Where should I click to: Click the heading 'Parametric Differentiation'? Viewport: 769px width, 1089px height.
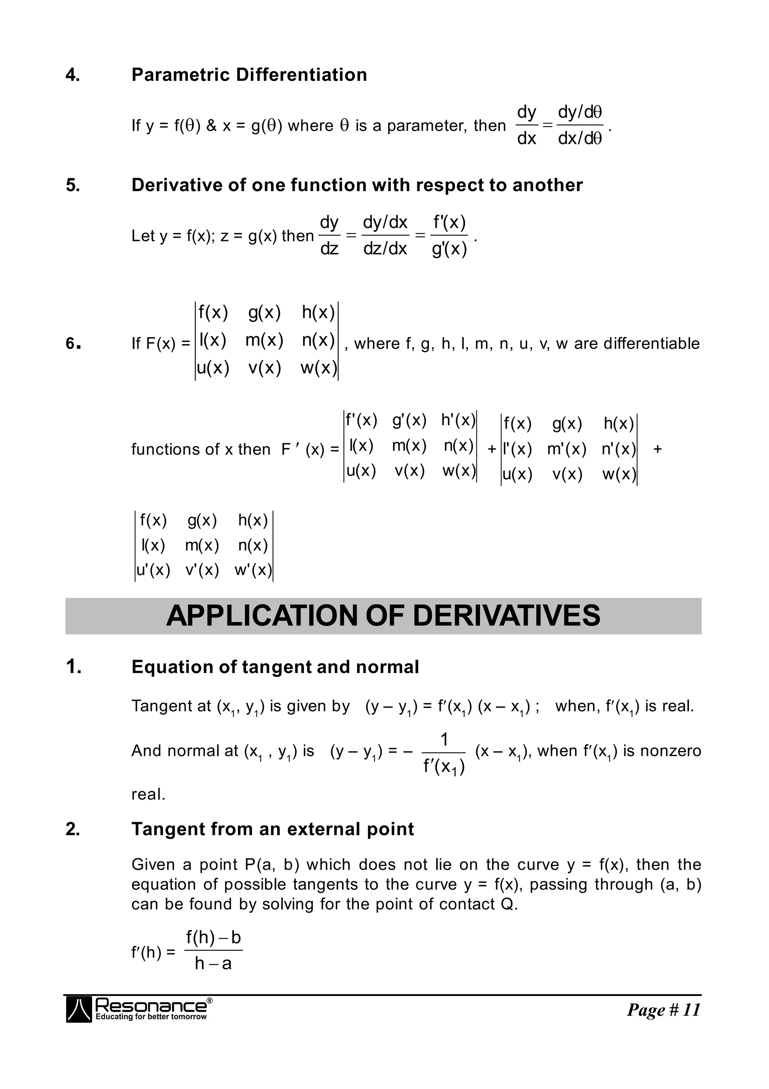(249, 75)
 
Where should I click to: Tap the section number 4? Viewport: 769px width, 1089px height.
(72, 75)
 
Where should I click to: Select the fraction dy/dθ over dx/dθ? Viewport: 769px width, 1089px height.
(579, 125)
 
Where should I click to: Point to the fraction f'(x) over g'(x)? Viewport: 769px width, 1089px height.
(449, 235)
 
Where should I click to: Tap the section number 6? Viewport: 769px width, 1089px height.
(72, 343)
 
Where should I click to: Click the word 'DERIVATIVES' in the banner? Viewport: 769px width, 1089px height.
(506, 616)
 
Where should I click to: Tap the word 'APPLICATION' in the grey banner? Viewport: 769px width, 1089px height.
(261, 616)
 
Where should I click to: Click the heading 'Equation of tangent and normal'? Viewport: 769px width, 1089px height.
(275, 667)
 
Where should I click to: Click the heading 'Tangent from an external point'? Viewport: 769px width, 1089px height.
(273, 829)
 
